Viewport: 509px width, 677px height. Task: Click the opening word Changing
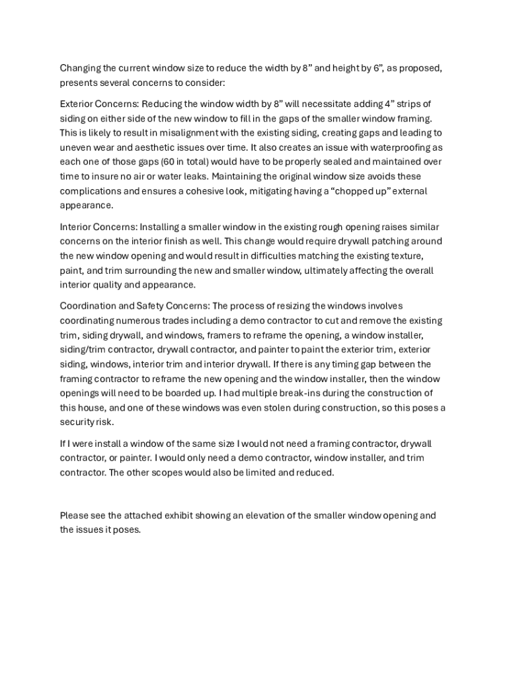80,68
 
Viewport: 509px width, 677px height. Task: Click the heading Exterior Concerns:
99,104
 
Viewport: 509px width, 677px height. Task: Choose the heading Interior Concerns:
98,227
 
